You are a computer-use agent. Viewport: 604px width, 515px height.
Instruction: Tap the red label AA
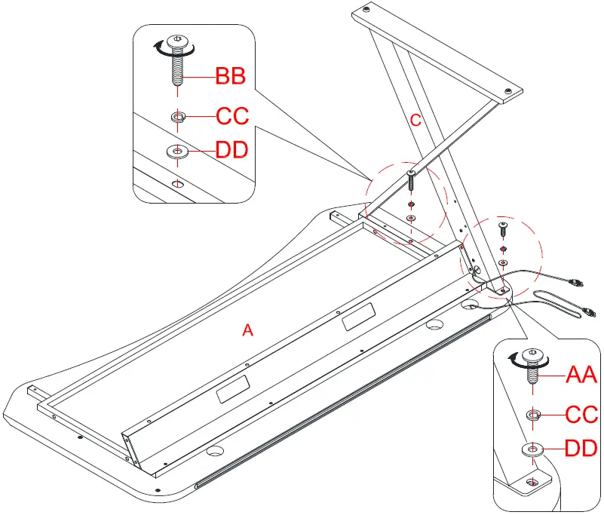pos(581,373)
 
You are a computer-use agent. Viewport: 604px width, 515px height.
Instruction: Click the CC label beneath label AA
pos(581,413)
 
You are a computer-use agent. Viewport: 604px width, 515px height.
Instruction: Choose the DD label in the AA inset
pos(581,449)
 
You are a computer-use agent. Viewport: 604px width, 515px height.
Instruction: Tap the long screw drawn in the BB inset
pos(178,60)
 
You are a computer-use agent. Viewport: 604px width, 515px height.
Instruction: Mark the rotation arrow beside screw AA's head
pos(517,362)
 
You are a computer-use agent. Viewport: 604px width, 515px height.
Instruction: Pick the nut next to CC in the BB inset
pos(178,116)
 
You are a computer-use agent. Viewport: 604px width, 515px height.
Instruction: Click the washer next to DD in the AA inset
pos(534,449)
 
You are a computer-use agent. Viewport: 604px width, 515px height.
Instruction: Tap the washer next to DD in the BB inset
pos(178,151)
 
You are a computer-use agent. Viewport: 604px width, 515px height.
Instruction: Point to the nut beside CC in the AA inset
pos(533,414)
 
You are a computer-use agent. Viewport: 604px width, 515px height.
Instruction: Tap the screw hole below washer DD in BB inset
pos(178,182)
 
